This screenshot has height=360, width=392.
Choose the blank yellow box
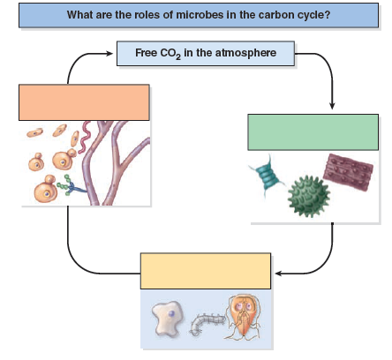[204, 272]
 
